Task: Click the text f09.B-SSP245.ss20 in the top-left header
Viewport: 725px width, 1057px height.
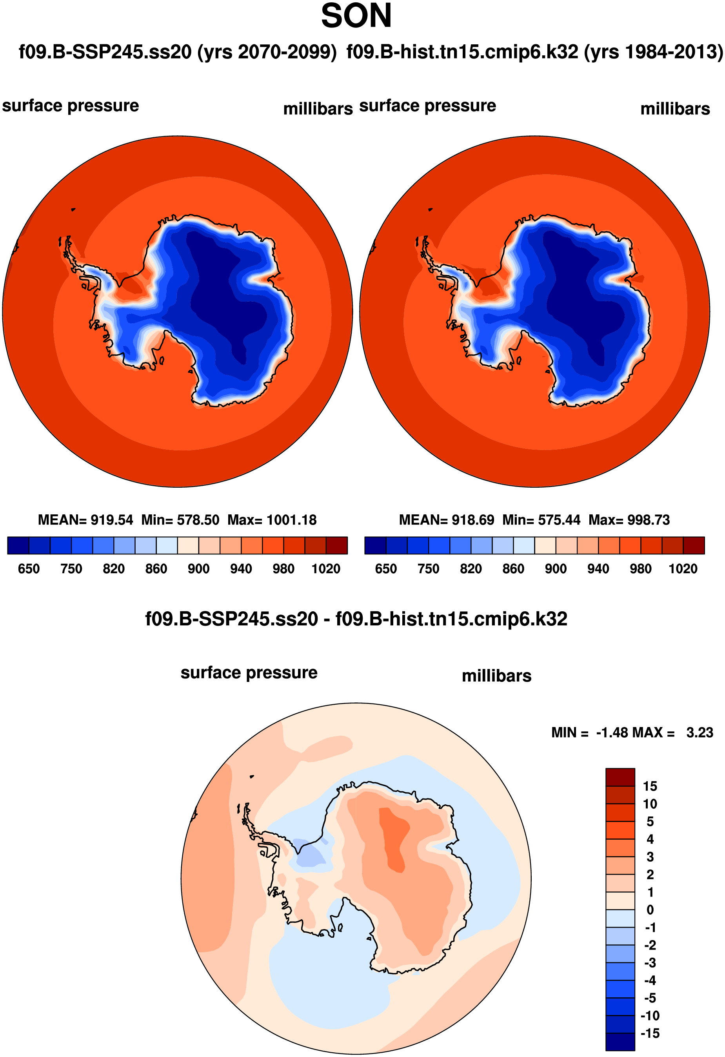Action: click(x=105, y=52)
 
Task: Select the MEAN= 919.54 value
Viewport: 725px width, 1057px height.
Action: click(x=85, y=520)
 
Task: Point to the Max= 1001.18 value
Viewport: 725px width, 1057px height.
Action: click(x=272, y=520)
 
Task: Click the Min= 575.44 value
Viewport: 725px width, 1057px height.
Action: click(x=541, y=520)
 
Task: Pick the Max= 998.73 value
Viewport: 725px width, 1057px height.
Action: click(x=629, y=520)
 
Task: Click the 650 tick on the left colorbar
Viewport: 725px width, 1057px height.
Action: click(x=29, y=569)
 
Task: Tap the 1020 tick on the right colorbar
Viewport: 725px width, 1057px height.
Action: click(x=683, y=569)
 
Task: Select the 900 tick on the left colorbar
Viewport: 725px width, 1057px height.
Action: click(x=199, y=569)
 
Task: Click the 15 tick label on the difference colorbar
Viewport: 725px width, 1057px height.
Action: click(x=650, y=786)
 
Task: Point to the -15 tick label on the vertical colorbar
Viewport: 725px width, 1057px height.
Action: click(x=650, y=1033)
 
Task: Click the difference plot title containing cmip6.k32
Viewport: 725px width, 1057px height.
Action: click(x=356, y=619)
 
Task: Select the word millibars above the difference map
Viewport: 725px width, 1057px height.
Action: click(x=496, y=676)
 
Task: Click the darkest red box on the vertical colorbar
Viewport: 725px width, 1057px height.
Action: click(x=620, y=777)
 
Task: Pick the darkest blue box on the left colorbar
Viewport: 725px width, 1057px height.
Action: click(x=18, y=545)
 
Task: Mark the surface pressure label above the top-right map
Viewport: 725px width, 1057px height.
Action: click(x=427, y=106)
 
